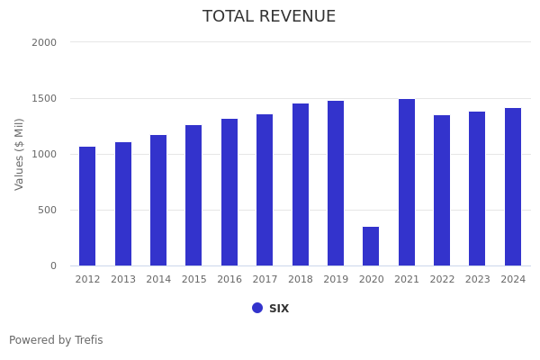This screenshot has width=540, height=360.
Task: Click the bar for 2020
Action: click(x=371, y=247)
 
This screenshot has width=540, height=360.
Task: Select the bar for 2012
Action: click(x=87, y=206)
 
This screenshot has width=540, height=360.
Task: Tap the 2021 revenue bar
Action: click(x=407, y=183)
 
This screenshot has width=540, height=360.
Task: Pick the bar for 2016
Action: click(x=229, y=193)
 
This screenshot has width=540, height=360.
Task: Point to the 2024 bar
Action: click(x=513, y=187)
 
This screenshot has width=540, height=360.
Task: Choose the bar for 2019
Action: click(x=336, y=184)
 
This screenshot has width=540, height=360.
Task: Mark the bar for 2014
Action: click(x=158, y=201)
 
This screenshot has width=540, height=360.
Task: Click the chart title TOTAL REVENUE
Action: click(x=269, y=17)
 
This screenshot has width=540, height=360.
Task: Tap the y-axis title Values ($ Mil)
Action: click(x=20, y=154)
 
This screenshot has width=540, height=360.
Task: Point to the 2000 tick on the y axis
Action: click(x=44, y=42)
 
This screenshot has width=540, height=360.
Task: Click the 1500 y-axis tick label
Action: click(x=44, y=98)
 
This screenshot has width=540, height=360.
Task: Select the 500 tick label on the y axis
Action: click(x=47, y=210)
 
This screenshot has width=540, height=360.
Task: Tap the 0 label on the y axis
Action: click(x=53, y=265)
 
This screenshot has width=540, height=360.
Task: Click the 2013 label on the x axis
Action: click(x=123, y=280)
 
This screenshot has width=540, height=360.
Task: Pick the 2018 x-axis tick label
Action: click(x=301, y=280)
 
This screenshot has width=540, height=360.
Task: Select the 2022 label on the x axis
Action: click(x=442, y=280)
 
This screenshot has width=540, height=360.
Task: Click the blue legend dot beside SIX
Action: click(x=257, y=308)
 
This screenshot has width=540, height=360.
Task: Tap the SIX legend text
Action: click(x=279, y=309)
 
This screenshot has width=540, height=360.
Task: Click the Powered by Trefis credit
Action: click(x=56, y=340)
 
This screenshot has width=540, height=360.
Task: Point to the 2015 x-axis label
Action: click(x=193, y=280)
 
